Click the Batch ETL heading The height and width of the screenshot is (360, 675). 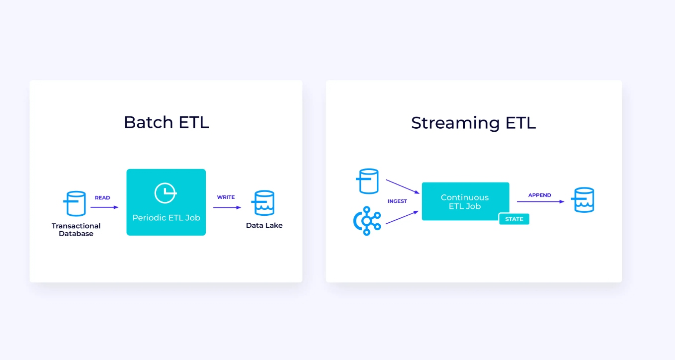click(167, 122)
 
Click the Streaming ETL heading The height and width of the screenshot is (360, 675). click(473, 123)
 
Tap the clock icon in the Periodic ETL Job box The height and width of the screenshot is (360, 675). click(166, 193)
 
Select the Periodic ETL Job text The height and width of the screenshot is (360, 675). click(166, 218)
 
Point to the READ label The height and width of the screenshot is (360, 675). click(102, 198)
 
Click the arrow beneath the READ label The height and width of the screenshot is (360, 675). click(104, 207)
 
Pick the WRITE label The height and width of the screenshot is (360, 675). click(226, 197)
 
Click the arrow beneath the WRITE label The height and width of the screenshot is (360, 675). click(227, 207)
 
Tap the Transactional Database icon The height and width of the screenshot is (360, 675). click(75, 203)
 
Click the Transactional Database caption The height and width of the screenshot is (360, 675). click(76, 230)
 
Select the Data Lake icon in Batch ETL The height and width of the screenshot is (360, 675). click(263, 203)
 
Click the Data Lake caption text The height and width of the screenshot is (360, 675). click(264, 226)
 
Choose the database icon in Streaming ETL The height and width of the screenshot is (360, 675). click(367, 181)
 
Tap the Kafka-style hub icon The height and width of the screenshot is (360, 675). click(367, 221)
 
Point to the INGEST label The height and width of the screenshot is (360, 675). click(397, 201)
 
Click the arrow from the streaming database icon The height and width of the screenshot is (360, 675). click(403, 186)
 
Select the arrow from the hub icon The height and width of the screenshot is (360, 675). click(402, 217)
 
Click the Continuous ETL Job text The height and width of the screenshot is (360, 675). click(465, 202)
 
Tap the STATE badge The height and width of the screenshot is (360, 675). click(514, 219)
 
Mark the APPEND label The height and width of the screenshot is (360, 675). click(539, 195)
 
